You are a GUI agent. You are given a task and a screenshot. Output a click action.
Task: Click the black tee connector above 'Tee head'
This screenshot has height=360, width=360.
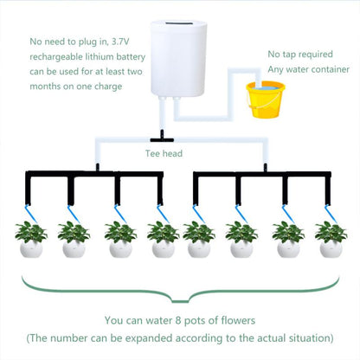click(x=162, y=137)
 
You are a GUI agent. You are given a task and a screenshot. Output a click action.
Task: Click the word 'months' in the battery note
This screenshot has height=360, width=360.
click(x=47, y=88)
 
